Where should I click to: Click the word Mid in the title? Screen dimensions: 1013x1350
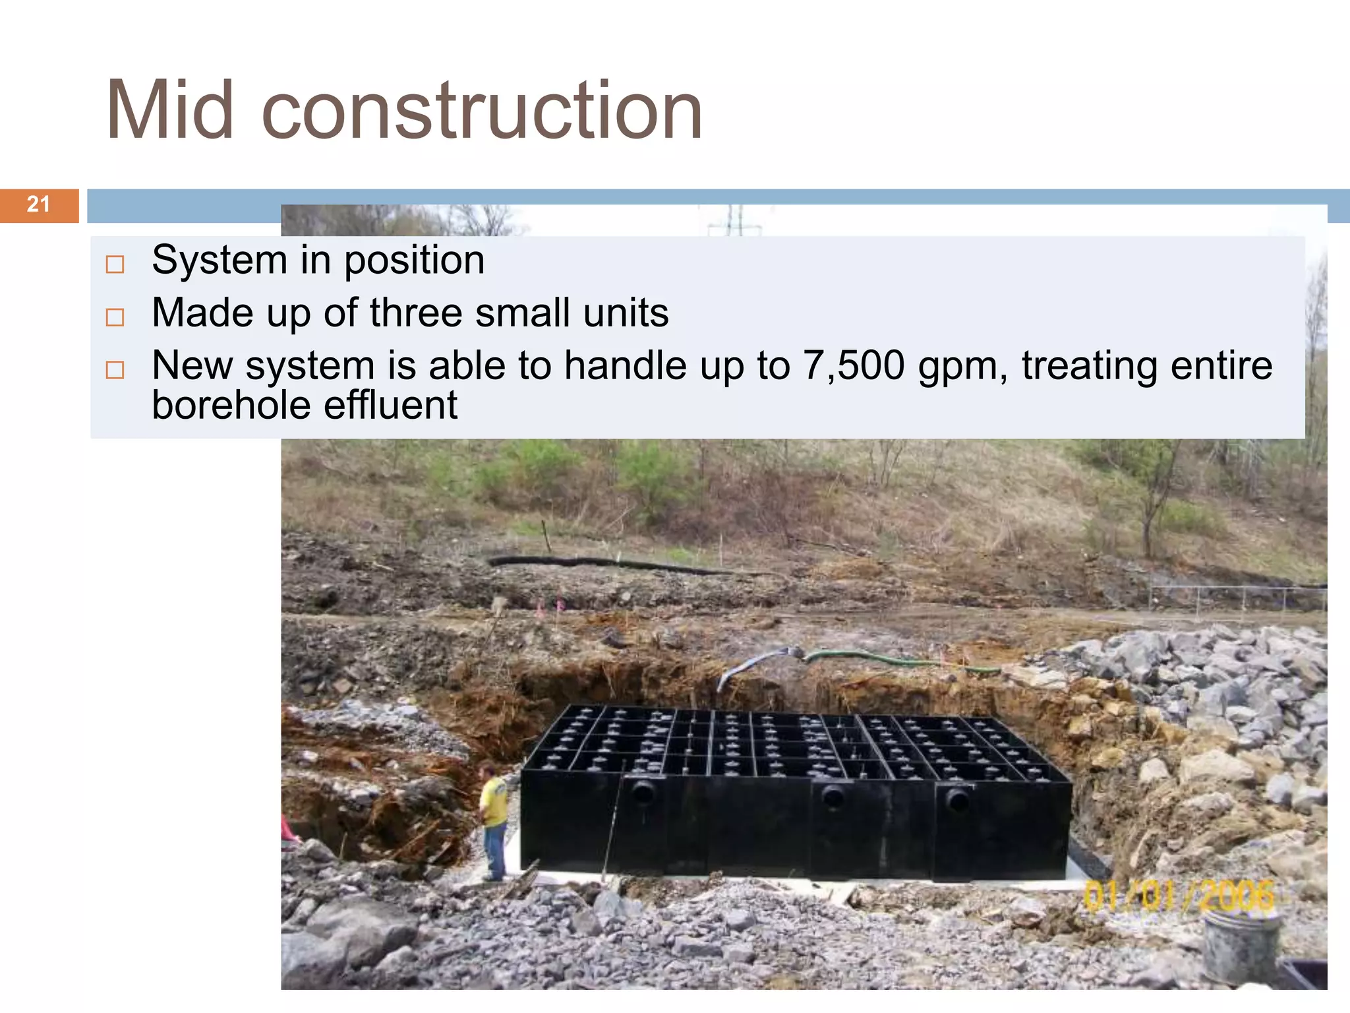tap(170, 111)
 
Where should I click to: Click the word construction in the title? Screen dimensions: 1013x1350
tap(482, 111)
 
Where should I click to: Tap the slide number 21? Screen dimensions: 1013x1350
tap(38, 204)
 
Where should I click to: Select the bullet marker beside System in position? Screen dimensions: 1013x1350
tap(115, 264)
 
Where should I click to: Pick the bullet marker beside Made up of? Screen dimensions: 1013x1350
tap(115, 317)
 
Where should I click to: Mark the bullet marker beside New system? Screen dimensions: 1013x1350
tap(115, 369)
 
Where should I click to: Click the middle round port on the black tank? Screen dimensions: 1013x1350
tap(833, 797)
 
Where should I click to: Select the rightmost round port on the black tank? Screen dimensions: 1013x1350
tap(956, 801)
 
